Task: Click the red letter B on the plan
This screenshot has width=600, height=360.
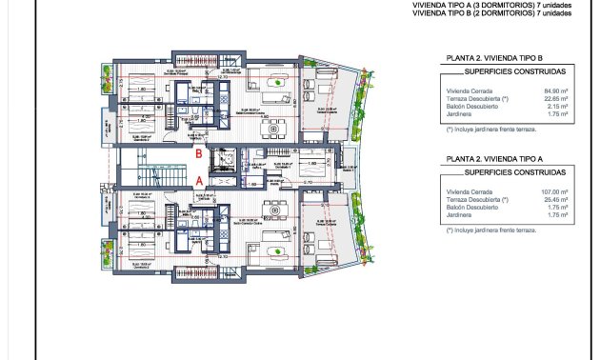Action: pos(198,152)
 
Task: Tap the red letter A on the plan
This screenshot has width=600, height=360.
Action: pos(198,178)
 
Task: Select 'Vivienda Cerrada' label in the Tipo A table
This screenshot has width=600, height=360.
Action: pos(467,190)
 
